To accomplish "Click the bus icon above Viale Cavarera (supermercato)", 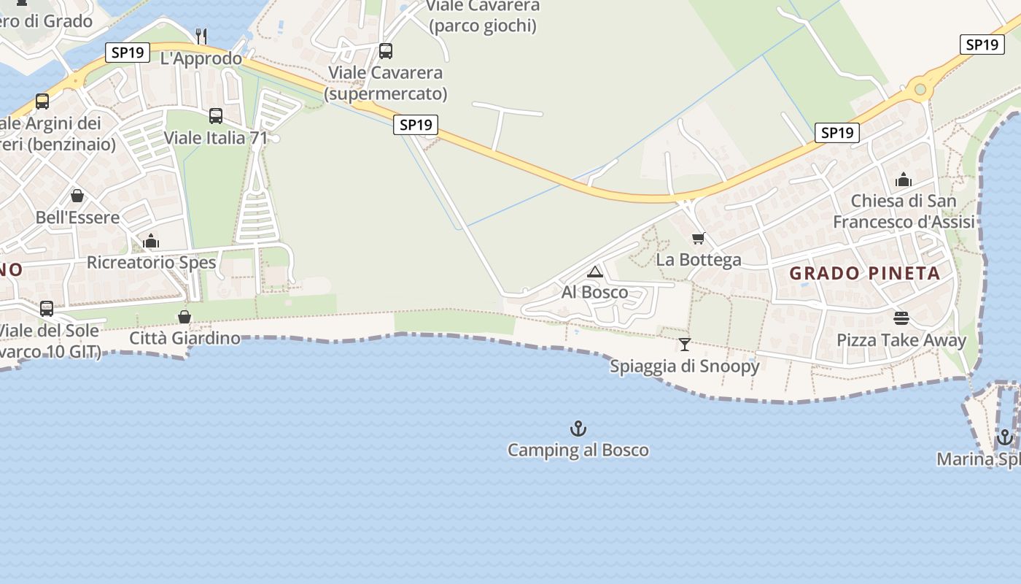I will coord(386,51).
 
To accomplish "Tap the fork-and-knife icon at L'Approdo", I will coord(202,35).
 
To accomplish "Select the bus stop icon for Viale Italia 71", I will coord(216,115).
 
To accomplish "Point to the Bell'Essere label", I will coord(77,217).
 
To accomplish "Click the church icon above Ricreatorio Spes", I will coord(151,241).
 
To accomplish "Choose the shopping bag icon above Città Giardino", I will coord(185,317).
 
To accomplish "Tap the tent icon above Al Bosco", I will coord(595,272).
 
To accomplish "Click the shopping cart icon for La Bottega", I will coord(699,238).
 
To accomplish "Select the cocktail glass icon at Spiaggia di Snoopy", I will coord(684,345).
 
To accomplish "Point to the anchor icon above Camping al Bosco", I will coord(578,429).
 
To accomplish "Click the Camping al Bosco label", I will coord(578,450).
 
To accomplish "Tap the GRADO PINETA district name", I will coord(865,274).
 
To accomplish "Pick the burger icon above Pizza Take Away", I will coord(901,318).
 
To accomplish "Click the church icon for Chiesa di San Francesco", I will coord(904,180).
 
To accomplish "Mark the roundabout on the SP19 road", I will coord(920,89).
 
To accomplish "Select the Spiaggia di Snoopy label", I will coord(684,366).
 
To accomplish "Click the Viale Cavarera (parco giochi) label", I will coord(483,16).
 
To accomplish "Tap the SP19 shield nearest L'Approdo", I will coord(128,53).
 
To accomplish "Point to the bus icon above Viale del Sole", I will coord(47,309).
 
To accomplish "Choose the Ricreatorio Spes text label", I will coord(151,262).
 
